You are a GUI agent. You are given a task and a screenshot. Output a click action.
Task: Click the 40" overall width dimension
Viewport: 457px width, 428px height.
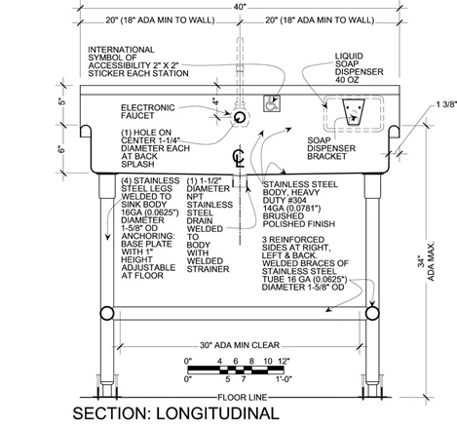(240, 7)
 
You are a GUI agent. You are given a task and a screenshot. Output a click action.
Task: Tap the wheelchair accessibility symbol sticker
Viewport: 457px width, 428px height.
(272, 103)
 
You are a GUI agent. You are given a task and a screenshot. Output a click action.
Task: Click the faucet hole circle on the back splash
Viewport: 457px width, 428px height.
(240, 117)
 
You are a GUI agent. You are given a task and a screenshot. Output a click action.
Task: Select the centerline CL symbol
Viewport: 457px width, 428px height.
(238, 157)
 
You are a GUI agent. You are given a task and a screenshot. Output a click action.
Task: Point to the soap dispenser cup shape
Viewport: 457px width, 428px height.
(354, 112)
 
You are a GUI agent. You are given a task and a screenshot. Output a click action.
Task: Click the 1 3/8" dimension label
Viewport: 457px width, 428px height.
(446, 104)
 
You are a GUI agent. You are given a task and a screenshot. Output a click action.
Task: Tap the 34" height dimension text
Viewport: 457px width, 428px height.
(421, 261)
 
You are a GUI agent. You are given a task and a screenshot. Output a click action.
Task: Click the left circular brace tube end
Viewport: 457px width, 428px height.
(107, 314)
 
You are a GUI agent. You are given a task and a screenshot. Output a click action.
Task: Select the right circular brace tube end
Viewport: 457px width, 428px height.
(372, 313)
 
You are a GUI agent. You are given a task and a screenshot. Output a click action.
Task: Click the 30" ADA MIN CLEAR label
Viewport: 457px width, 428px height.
(240, 345)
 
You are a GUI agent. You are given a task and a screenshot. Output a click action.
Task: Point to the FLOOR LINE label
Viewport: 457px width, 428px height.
(243, 397)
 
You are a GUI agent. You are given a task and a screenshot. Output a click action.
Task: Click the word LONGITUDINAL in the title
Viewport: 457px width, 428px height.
(217, 413)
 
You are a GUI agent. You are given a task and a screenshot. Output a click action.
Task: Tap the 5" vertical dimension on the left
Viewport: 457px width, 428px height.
(62, 101)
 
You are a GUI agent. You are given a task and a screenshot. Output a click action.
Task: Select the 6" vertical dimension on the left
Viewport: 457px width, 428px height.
(62, 149)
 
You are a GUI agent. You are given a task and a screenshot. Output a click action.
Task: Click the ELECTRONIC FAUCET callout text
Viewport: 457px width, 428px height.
(148, 111)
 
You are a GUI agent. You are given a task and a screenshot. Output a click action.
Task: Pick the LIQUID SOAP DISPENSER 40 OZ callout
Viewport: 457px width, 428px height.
(359, 68)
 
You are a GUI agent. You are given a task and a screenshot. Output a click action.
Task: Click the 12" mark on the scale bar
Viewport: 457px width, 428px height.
(284, 361)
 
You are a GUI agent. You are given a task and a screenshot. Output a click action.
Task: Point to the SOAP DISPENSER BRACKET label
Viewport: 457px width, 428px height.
(331, 148)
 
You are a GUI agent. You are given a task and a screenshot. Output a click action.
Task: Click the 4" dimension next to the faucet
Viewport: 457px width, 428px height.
(215, 101)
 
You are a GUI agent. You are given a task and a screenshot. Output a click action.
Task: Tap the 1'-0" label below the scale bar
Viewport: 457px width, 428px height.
(285, 379)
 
